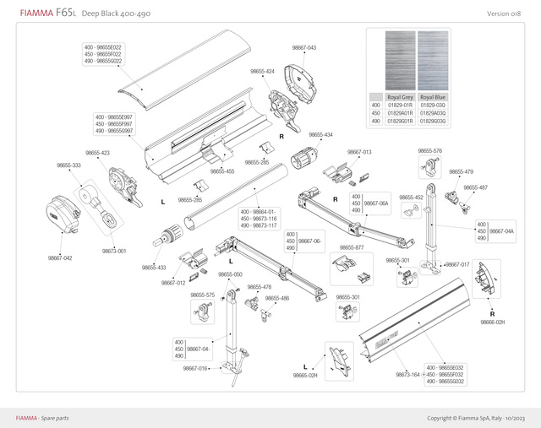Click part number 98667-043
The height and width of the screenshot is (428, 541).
pyautogui.click(x=304, y=48)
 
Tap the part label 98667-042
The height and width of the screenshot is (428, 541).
pyautogui.click(x=60, y=258)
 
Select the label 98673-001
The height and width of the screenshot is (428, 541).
pyautogui.click(x=114, y=252)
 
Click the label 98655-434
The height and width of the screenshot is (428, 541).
pyautogui.click(x=320, y=135)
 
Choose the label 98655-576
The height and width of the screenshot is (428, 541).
pyautogui.click(x=430, y=151)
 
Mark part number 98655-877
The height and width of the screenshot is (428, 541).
pyautogui.click(x=351, y=247)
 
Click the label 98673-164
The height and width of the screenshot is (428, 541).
pyautogui.click(x=407, y=374)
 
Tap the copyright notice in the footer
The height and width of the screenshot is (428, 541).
pyautogui.click(x=476, y=418)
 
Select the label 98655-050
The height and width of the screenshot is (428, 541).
pyautogui.click(x=231, y=274)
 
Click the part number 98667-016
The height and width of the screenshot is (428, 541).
pyautogui.click(x=196, y=369)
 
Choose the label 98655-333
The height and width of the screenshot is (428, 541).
pyautogui.click(x=69, y=165)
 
